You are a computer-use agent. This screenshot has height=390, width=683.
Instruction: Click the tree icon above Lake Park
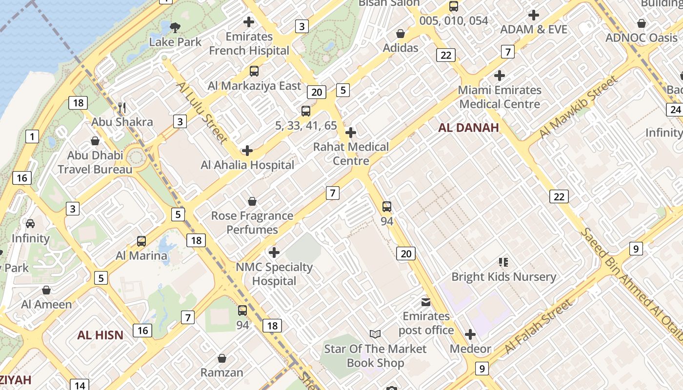pyautogui.click(x=175, y=27)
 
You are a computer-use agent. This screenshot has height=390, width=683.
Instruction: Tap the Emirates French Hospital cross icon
pyautogui.click(x=249, y=21)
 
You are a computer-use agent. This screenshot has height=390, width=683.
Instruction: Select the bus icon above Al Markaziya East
pyautogui.click(x=254, y=71)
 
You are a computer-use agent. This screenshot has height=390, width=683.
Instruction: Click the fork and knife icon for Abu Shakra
pyautogui.click(x=122, y=108)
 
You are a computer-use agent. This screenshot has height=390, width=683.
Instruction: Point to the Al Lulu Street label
pyautogui.click(x=202, y=113)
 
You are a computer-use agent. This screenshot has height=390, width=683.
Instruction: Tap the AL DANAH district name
pyautogui.click(x=468, y=128)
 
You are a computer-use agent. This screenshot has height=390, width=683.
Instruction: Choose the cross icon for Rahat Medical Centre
pyautogui.click(x=350, y=133)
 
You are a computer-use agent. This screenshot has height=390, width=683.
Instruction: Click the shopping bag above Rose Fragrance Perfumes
pyautogui.click(x=252, y=201)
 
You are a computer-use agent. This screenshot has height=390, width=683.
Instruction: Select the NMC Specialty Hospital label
pyautogui.click(x=274, y=274)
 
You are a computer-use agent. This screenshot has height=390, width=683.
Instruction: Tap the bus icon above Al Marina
pyautogui.click(x=141, y=241)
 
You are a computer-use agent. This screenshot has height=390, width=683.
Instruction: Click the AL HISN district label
pyautogui.click(x=100, y=335)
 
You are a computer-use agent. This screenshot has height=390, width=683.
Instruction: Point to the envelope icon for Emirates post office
pyautogui.click(x=426, y=302)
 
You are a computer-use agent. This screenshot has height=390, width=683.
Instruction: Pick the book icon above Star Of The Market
pyautogui.click(x=375, y=334)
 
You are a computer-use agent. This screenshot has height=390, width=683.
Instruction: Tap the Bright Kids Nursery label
pyautogui.click(x=503, y=277)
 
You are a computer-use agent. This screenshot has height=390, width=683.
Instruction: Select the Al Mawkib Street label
pyautogui.click(x=578, y=108)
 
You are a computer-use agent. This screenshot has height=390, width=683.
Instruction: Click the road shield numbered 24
pyautogui.click(x=675, y=110)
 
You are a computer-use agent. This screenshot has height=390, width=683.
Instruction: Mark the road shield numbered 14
pyautogui.click(x=80, y=385)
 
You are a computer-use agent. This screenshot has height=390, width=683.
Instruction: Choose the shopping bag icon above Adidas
pyautogui.click(x=401, y=34)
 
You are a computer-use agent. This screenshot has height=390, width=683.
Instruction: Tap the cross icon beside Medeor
pyautogui.click(x=470, y=334)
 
